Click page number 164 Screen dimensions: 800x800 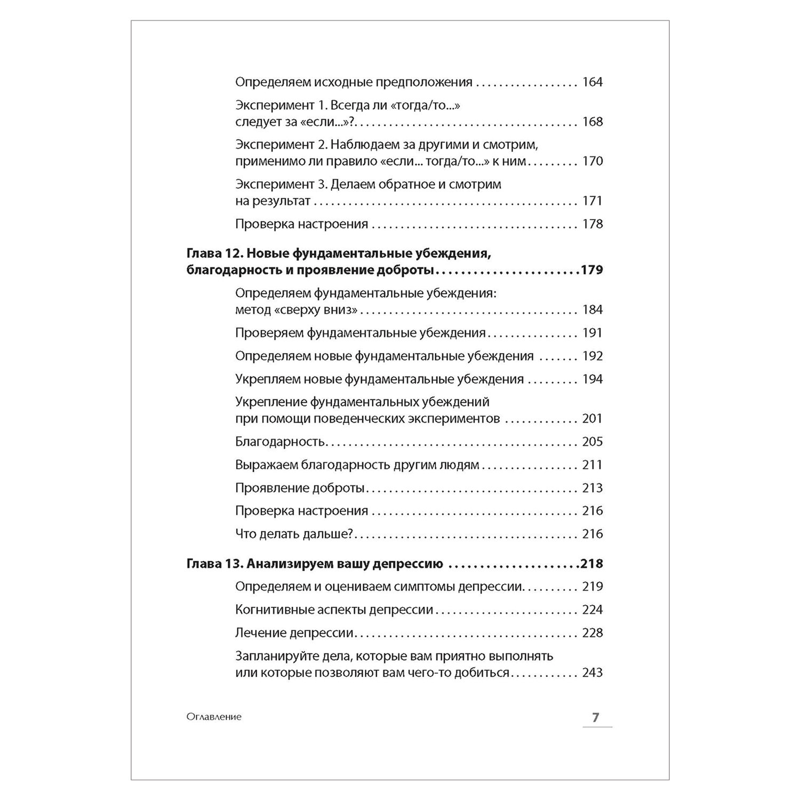(x=592, y=82)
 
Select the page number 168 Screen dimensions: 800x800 (x=592, y=122)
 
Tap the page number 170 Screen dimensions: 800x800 (x=592, y=161)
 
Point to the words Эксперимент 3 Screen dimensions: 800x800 (x=281, y=185)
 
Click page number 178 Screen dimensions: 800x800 (x=592, y=224)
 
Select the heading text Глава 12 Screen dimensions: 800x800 (x=214, y=253)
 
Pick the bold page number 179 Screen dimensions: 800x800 (x=591, y=270)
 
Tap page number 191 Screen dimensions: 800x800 (x=592, y=333)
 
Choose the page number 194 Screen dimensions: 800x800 (x=592, y=380)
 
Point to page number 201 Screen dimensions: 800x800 (x=592, y=419)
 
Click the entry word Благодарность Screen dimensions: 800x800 (x=280, y=442)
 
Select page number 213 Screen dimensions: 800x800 (x=592, y=488)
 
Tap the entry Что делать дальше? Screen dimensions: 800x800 (x=295, y=534)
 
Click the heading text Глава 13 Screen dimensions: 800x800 (x=214, y=564)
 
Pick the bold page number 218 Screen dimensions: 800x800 (x=591, y=564)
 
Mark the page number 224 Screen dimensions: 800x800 (x=592, y=610)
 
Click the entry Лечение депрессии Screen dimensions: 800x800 (x=294, y=633)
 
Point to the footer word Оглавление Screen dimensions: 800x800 (x=214, y=717)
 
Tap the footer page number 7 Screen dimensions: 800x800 (x=596, y=717)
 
